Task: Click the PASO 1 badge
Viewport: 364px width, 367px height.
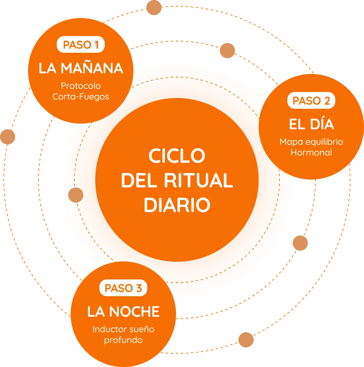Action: coord(81,45)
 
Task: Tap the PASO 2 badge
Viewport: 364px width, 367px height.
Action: coord(311,101)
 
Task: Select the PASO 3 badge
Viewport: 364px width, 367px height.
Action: coord(123,288)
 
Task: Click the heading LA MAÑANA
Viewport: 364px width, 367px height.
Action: coord(81,68)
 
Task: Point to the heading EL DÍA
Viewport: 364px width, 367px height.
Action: coord(311,124)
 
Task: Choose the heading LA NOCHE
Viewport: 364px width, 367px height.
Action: coord(123,312)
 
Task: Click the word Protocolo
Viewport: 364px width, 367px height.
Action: coord(81,86)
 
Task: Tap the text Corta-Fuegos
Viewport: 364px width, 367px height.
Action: coord(81,96)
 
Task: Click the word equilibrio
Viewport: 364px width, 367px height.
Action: coord(324,142)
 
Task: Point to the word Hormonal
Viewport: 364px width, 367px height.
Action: coord(311,152)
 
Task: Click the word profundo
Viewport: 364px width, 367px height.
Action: coord(123,340)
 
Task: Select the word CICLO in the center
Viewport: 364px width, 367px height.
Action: coord(177,156)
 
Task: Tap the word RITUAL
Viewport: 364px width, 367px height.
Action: coord(198,180)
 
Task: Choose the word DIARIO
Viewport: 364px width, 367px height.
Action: coord(177,205)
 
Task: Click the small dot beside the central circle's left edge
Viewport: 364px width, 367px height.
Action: coord(76,195)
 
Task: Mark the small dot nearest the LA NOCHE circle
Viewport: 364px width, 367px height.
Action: coord(246,340)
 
